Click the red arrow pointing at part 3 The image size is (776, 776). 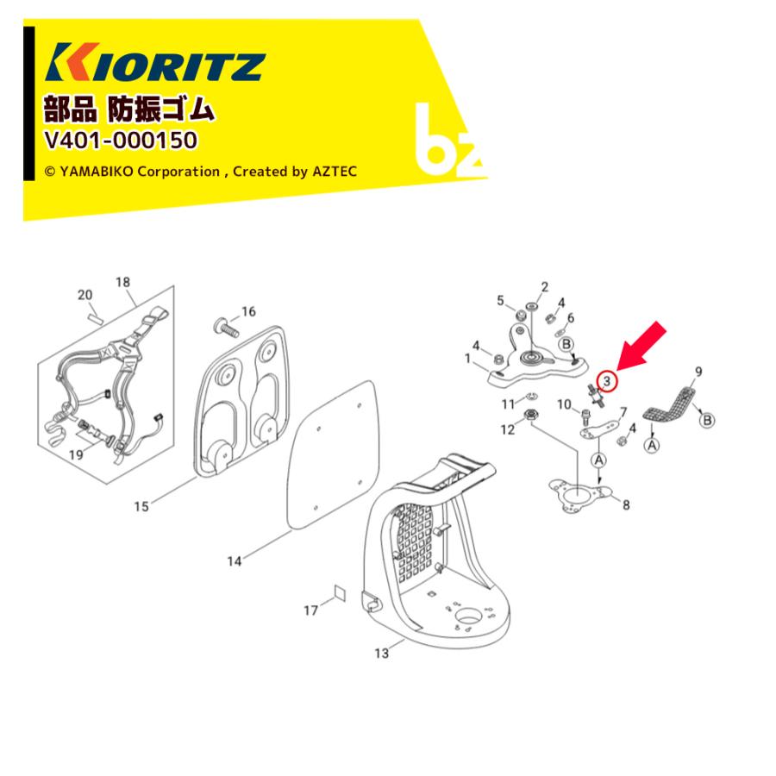pyautogui.click(x=641, y=347)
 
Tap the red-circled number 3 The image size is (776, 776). pyautogui.click(x=607, y=381)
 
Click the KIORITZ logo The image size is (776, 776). pyautogui.click(x=155, y=62)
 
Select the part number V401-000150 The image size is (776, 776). pyautogui.click(x=121, y=140)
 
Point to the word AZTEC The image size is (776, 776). pyautogui.click(x=335, y=172)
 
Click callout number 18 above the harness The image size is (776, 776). pyautogui.click(x=122, y=282)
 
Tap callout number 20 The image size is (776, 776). pyautogui.click(x=85, y=295)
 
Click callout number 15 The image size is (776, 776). pyautogui.click(x=141, y=506)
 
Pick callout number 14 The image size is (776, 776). pyautogui.click(x=234, y=561)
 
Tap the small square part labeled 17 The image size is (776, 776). pyautogui.click(x=340, y=592)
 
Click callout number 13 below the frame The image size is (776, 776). pyautogui.click(x=382, y=654)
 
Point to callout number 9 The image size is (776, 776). pyautogui.click(x=698, y=371)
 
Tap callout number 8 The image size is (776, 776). pyautogui.click(x=626, y=504)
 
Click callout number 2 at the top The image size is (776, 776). pyautogui.click(x=545, y=287)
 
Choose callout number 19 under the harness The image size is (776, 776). pyautogui.click(x=76, y=454)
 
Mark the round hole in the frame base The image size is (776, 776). pyautogui.click(x=467, y=616)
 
